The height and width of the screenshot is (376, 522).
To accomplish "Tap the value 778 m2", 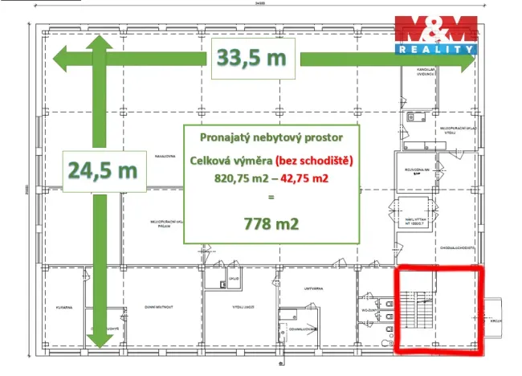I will click(x=271, y=223).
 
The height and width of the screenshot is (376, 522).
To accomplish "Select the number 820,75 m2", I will click(x=240, y=178).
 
